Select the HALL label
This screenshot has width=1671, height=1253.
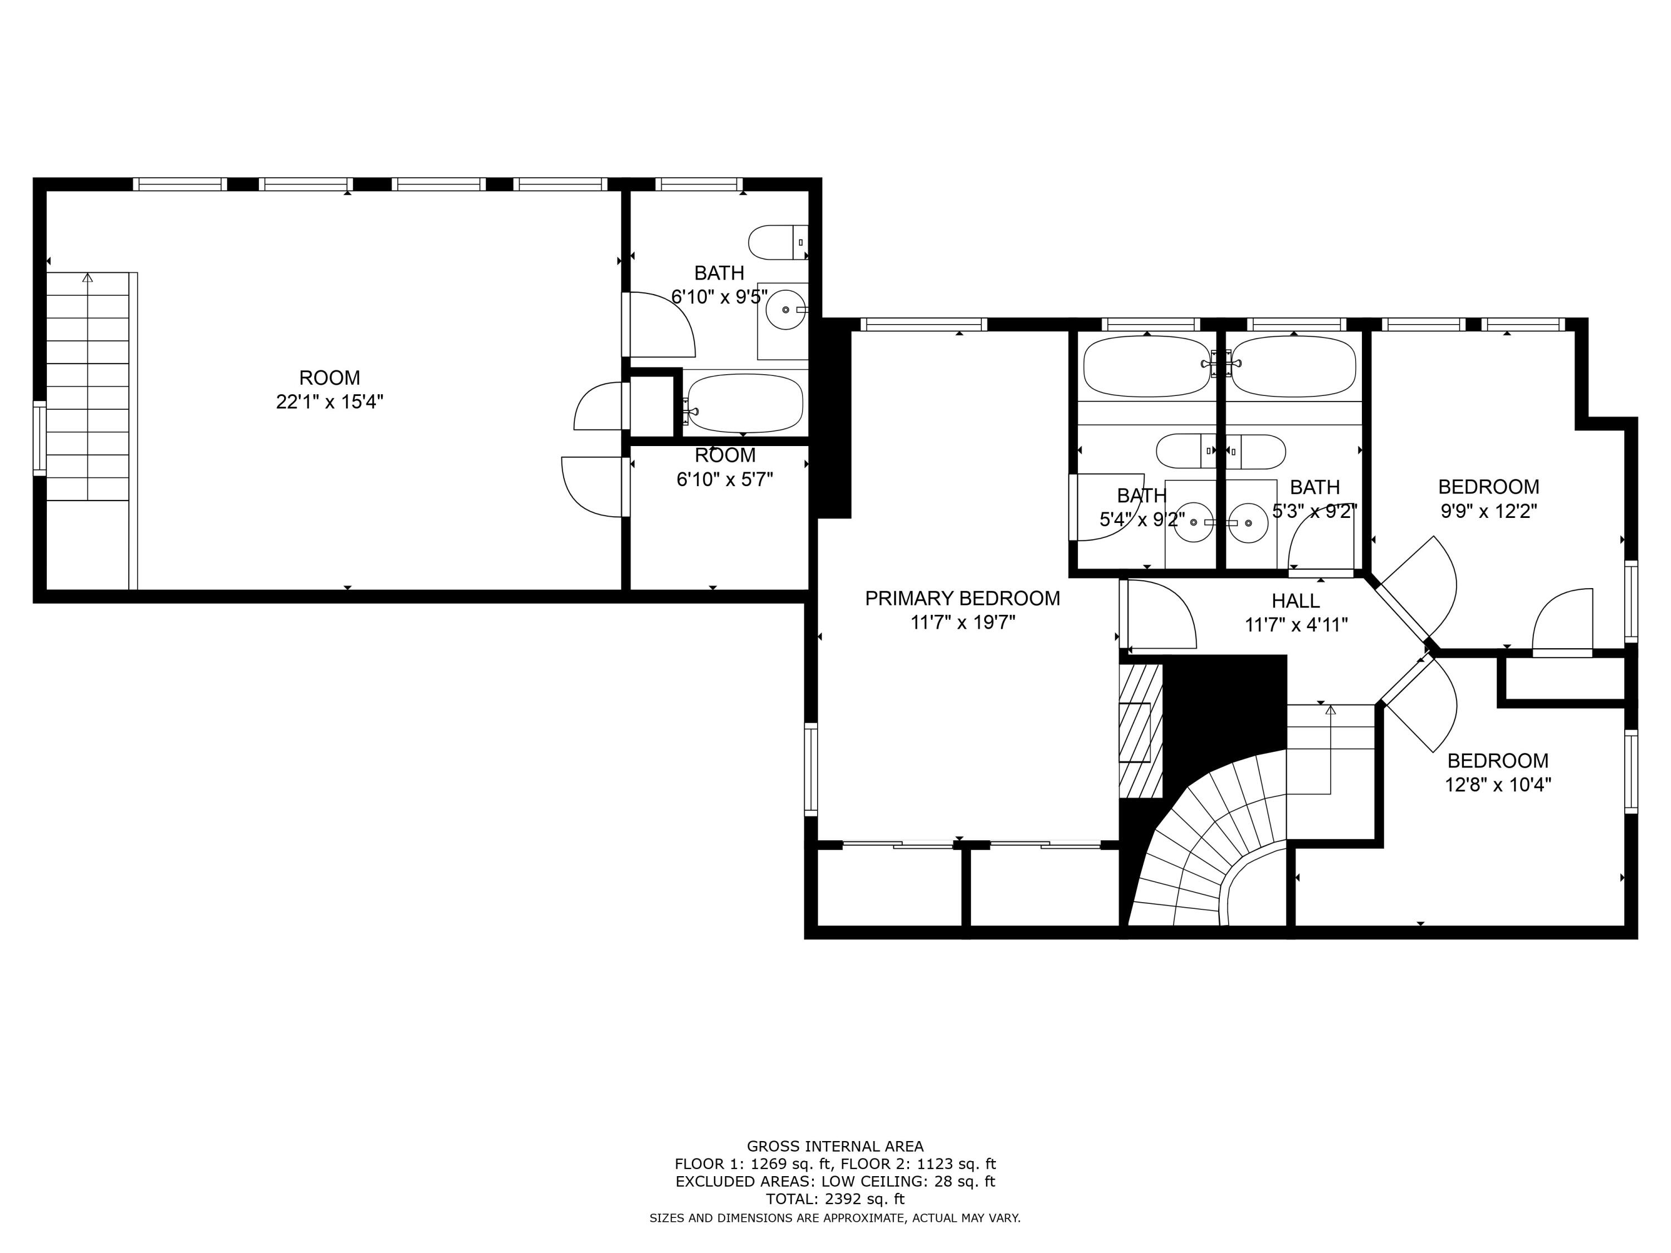[x=1296, y=601]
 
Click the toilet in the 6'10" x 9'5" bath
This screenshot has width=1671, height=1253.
[x=776, y=242]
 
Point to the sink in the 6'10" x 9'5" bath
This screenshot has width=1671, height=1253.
[x=785, y=310]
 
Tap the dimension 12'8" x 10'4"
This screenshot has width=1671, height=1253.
[x=1497, y=785]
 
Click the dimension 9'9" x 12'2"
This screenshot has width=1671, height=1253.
[x=1488, y=511]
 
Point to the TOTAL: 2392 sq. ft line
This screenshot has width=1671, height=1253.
[x=835, y=1198]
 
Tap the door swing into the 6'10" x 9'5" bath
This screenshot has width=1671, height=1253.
[x=661, y=325]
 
